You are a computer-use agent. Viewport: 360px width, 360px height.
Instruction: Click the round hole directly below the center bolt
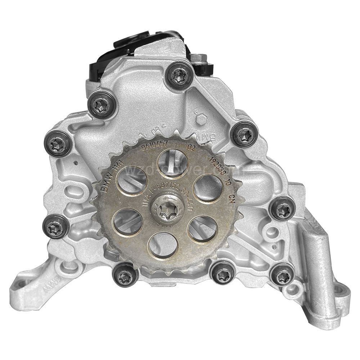coord(163,245)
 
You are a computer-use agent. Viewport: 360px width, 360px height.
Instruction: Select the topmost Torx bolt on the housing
coord(180,75)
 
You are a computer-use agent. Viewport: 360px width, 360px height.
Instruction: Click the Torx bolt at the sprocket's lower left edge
coord(125,276)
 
